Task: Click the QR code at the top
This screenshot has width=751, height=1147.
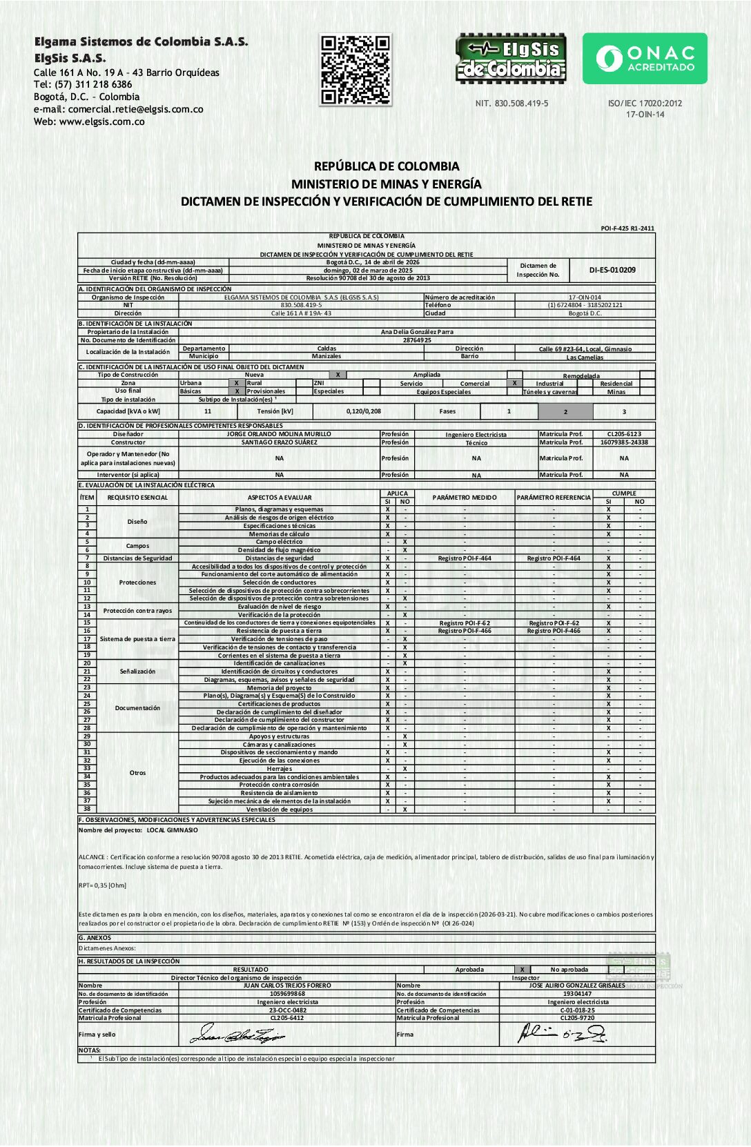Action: (x=355, y=70)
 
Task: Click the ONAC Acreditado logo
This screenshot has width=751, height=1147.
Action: (x=645, y=59)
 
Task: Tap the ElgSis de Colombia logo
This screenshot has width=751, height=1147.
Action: (x=511, y=59)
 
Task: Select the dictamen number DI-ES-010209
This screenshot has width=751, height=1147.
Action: (x=612, y=270)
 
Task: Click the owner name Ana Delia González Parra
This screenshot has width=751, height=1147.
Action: (x=417, y=332)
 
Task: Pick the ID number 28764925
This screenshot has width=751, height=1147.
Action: (x=417, y=340)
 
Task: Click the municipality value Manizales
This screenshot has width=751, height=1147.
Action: (x=326, y=356)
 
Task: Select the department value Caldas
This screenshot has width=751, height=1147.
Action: (x=326, y=349)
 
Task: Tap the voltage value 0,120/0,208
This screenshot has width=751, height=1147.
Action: (x=364, y=411)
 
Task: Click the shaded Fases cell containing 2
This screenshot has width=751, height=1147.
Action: (x=565, y=411)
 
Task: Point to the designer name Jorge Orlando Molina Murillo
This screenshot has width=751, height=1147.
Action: (x=279, y=434)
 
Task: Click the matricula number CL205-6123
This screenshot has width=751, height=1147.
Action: (x=624, y=434)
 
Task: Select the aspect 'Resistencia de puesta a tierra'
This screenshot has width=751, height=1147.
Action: (x=279, y=631)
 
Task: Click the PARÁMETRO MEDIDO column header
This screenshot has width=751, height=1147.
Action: (x=465, y=497)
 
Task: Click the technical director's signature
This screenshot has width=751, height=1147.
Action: (x=237, y=1035)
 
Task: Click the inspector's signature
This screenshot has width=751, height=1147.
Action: (x=562, y=1034)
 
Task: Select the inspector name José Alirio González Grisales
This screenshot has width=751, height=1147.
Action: (x=577, y=986)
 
